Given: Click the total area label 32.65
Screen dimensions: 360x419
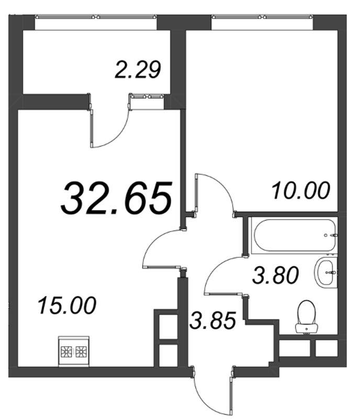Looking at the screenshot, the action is [116, 198].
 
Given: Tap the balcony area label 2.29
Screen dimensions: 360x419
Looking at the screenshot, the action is [138, 70].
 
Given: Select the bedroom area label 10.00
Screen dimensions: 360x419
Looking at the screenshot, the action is [301, 191].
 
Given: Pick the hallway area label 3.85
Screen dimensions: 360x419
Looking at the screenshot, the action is [213, 320].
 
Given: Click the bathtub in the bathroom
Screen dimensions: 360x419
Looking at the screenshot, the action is [294, 235].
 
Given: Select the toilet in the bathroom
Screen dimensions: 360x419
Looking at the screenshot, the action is [307, 317].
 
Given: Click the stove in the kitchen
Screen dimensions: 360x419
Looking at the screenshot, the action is [74, 351].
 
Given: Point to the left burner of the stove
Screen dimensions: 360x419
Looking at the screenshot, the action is [66, 352].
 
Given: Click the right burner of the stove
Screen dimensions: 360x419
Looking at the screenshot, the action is [81, 352].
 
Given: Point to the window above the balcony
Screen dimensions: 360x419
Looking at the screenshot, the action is [96, 17].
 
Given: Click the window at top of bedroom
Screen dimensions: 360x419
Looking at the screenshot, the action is [262, 17].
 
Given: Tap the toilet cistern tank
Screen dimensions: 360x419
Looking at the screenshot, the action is [307, 329].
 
